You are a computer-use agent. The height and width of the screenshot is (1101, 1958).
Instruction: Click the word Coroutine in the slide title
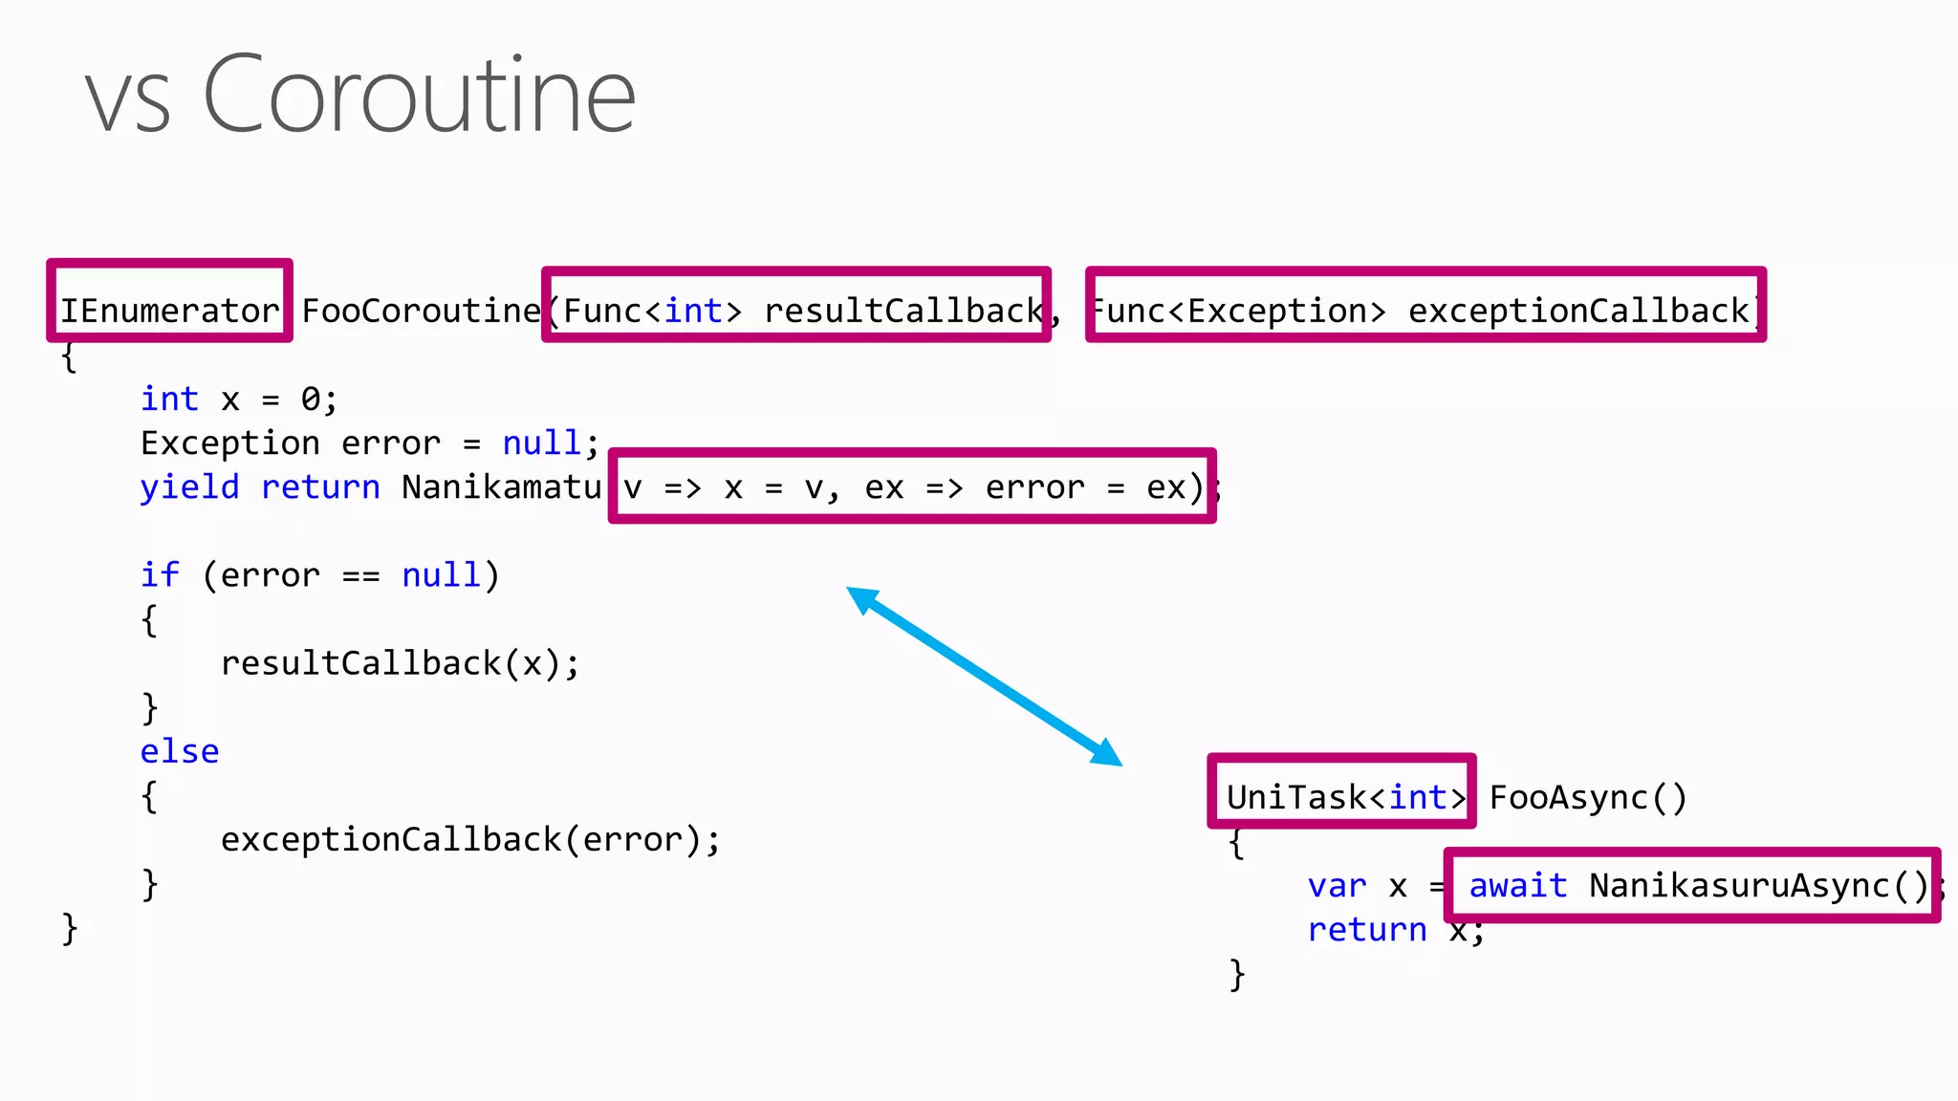point(419,96)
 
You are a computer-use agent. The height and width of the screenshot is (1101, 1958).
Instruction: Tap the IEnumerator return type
point(169,311)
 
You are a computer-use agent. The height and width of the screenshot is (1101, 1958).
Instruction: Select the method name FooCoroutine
point(421,311)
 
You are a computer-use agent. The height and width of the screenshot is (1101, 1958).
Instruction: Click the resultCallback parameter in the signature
point(903,311)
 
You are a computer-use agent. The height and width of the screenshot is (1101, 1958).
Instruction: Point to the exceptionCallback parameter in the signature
point(1577,311)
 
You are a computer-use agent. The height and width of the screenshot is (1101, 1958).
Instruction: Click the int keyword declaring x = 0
point(169,399)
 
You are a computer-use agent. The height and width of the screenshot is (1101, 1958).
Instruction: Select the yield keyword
point(189,487)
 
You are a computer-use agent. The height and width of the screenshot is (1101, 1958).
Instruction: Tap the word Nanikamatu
point(501,487)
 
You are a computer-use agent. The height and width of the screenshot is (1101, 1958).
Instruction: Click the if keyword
point(159,575)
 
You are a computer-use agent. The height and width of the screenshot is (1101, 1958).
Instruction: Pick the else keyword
point(180,751)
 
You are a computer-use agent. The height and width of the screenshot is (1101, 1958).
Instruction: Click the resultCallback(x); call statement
point(400,663)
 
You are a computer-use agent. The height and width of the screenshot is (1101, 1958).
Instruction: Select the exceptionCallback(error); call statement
point(470,839)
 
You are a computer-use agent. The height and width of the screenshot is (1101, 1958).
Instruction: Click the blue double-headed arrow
point(985,676)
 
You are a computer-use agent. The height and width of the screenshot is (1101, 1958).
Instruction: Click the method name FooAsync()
point(1588,797)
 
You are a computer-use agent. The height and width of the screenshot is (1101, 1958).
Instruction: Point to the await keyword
point(1518,886)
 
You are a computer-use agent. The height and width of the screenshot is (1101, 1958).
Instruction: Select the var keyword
point(1337,886)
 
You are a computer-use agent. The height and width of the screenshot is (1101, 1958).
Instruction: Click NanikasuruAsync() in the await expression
point(1758,886)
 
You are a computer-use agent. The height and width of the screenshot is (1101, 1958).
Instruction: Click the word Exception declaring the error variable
point(229,443)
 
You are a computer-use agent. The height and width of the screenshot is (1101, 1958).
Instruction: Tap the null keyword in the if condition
point(441,575)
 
